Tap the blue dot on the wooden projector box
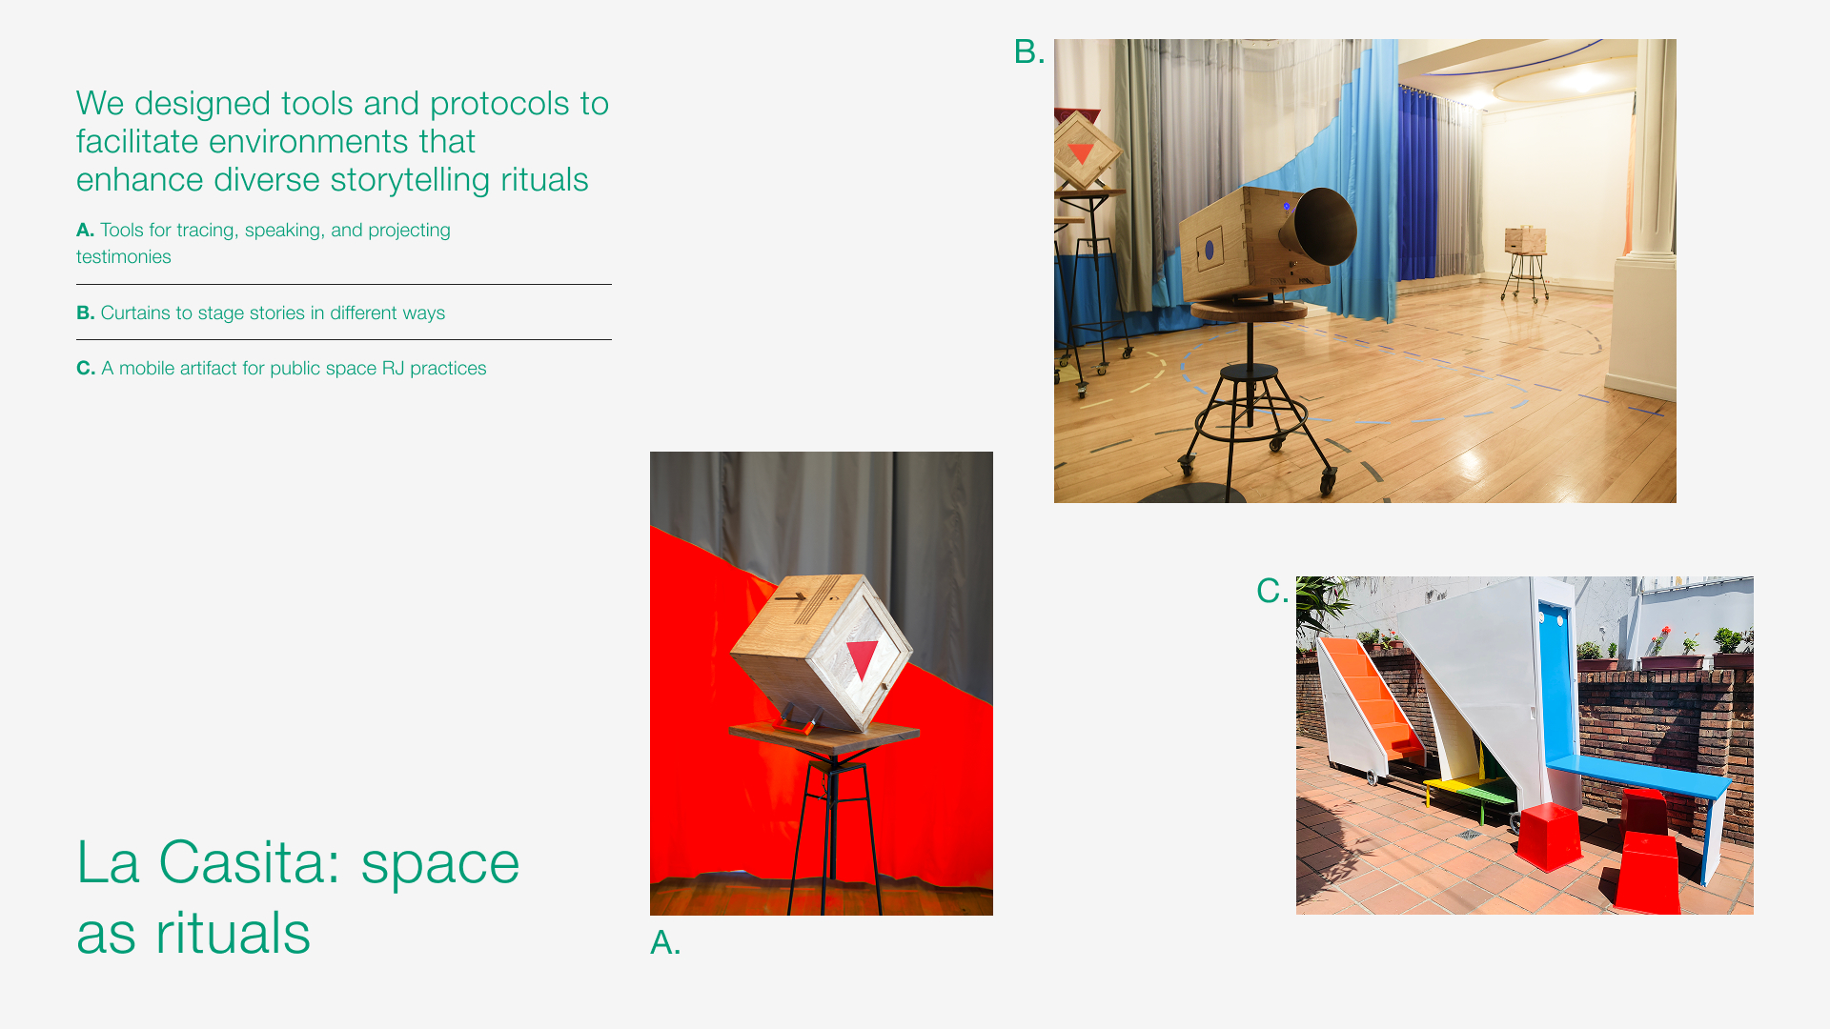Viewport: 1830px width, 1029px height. click(x=1210, y=250)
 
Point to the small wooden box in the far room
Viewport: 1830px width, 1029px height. click(x=1525, y=239)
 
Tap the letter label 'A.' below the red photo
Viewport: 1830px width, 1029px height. click(x=665, y=942)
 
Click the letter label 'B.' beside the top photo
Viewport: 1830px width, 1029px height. click(x=1029, y=51)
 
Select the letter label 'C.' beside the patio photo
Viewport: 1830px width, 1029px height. click(x=1272, y=591)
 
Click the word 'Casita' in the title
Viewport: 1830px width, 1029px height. click(x=242, y=862)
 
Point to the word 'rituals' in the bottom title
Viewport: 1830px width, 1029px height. click(x=233, y=933)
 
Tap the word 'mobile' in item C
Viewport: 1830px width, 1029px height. click(x=145, y=368)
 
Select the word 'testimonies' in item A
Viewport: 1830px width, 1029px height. click(x=124, y=256)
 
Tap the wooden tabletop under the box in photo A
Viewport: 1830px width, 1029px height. click(x=823, y=735)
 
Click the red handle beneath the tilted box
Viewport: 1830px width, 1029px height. click(x=796, y=723)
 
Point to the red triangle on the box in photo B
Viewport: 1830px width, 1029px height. click(x=1081, y=152)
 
